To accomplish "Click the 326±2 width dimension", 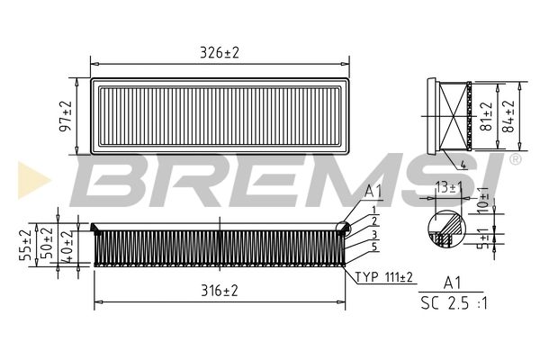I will point(220,53).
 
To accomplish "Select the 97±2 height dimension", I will point(66,117).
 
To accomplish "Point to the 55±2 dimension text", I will point(23,243).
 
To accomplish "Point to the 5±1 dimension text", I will point(483,238).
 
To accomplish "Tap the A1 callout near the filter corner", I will point(374,192).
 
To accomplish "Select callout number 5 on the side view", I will point(374,247).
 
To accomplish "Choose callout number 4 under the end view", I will point(462,165).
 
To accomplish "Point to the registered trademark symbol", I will point(514,159).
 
